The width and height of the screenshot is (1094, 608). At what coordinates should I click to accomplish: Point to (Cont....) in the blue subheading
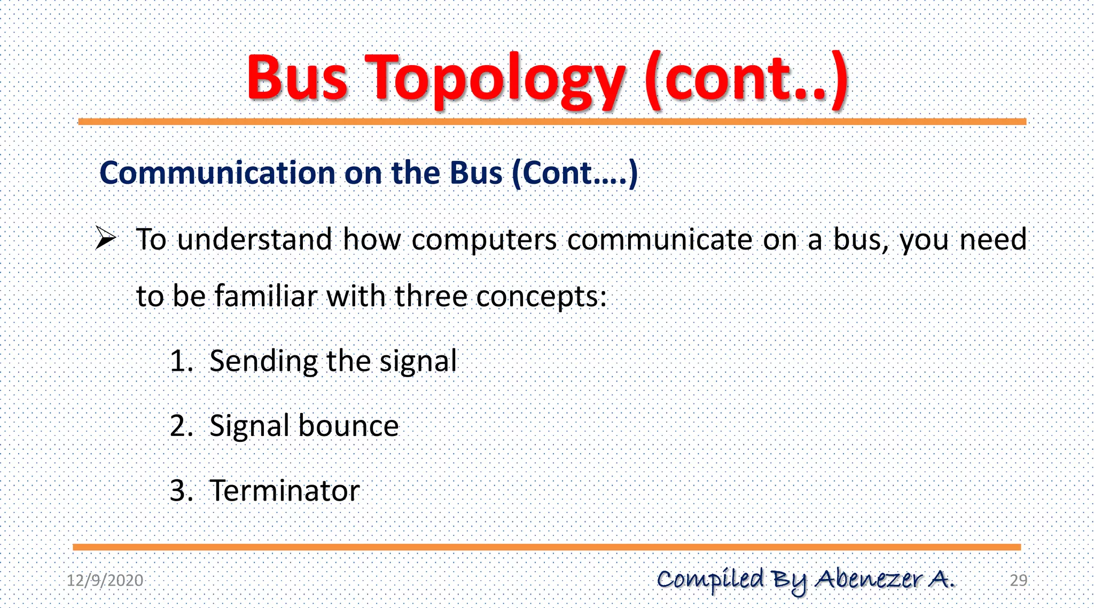[x=574, y=173]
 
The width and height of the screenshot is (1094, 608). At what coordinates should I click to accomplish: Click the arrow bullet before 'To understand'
[x=105, y=238]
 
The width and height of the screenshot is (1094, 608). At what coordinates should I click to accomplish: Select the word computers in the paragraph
[x=484, y=239]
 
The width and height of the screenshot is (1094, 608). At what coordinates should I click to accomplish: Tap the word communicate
[x=660, y=239]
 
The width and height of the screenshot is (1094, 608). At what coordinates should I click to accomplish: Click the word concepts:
[x=541, y=297]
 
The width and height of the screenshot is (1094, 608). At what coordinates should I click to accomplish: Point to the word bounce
[x=348, y=426]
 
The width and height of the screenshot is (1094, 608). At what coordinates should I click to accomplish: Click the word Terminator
[x=285, y=491]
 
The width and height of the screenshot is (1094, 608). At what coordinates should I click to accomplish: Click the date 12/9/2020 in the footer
[x=105, y=580]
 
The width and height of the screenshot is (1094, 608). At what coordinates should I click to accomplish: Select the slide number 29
[x=1018, y=580]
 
